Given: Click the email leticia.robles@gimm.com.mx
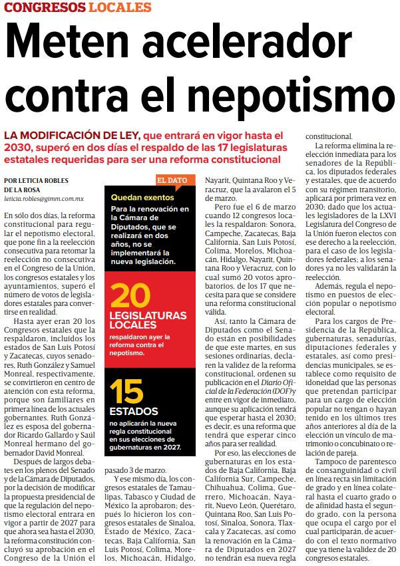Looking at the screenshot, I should coord(43,198).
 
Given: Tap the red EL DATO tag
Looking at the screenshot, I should coord(172,180).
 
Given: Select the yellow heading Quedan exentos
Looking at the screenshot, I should coord(140,197).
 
